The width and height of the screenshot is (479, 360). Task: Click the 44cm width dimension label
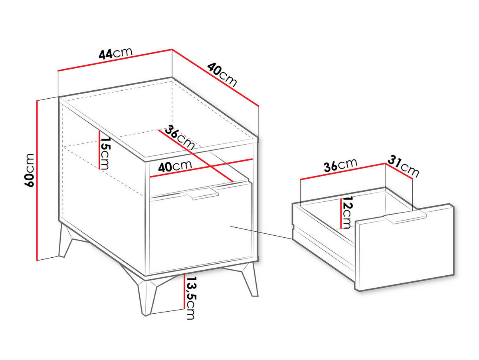(x=115, y=53)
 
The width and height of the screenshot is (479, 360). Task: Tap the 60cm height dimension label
(x=29, y=170)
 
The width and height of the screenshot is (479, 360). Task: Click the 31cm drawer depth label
(x=403, y=166)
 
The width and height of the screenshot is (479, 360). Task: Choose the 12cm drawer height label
(x=347, y=212)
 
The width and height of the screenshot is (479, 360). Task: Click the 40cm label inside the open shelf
(x=175, y=167)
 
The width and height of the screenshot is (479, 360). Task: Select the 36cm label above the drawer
(x=340, y=165)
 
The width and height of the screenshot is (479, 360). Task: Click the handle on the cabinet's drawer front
(x=202, y=193)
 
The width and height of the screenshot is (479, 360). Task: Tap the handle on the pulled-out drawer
(x=405, y=218)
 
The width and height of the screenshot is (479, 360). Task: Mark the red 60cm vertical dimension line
(x=37, y=181)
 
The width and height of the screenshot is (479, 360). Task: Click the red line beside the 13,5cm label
(x=184, y=291)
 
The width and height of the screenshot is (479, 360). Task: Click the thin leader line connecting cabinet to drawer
(x=261, y=233)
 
